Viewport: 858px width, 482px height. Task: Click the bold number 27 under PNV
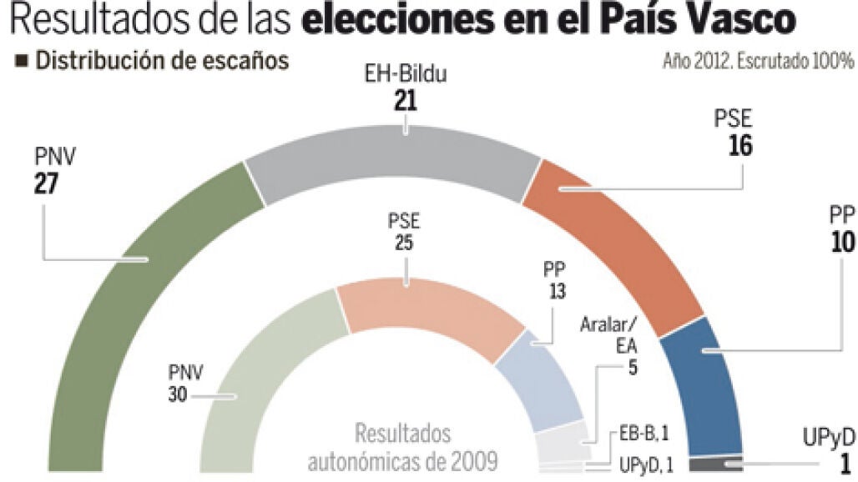(x=45, y=183)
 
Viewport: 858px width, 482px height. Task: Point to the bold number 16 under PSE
(x=739, y=145)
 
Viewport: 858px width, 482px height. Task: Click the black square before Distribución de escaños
(x=23, y=61)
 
